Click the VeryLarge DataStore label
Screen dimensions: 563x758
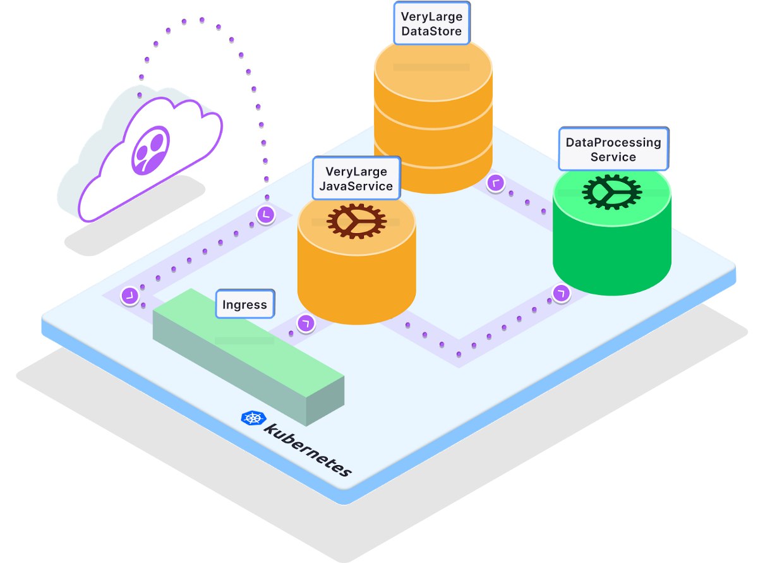click(431, 23)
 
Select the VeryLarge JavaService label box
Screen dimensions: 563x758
click(356, 178)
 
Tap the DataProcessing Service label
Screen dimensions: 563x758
click(613, 149)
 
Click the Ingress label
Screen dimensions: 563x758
click(244, 305)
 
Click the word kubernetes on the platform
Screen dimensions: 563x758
click(308, 448)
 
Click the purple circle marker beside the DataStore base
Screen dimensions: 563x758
click(496, 183)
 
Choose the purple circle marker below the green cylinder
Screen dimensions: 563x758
click(560, 293)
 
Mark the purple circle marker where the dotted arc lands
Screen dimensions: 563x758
click(266, 215)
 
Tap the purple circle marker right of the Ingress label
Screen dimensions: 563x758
click(306, 324)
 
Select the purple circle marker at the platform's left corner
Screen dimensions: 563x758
click(130, 296)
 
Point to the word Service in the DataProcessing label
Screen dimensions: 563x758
click(613, 157)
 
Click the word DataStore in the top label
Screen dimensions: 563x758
click(431, 30)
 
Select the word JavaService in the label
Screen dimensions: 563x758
click(356, 186)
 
